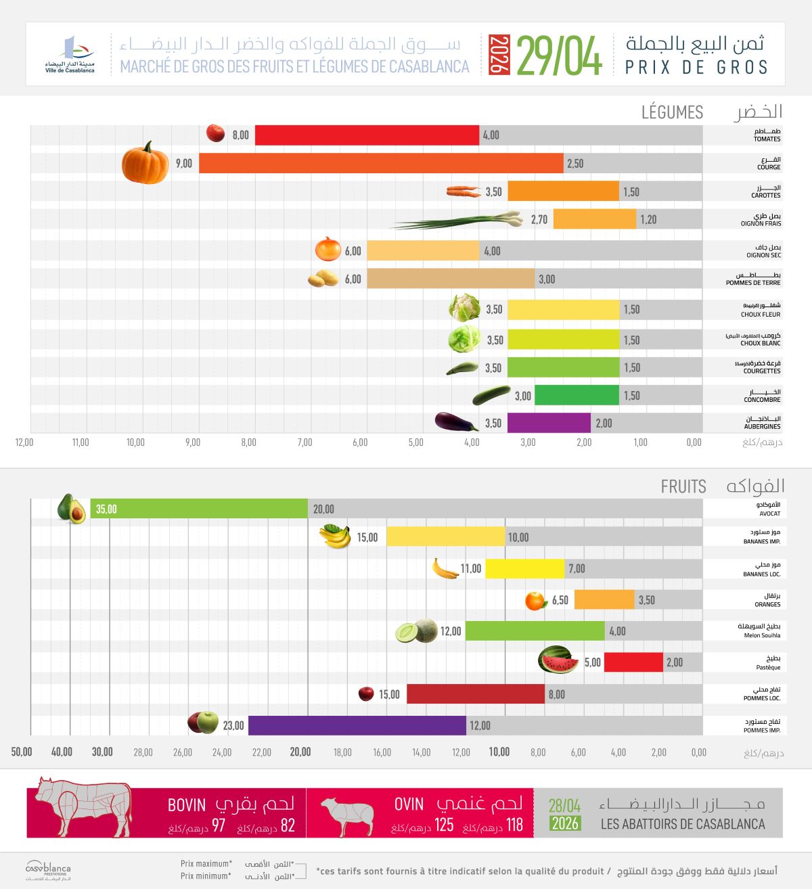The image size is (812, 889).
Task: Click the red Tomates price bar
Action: tap(367, 135)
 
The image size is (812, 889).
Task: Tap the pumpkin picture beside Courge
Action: tap(145, 162)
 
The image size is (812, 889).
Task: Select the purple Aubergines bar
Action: tap(549, 423)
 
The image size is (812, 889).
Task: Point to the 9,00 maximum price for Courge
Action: tap(184, 164)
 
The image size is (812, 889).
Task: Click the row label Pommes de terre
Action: tap(753, 283)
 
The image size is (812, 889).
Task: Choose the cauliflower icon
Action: tap(464, 307)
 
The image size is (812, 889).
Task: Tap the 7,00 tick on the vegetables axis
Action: tap(304, 442)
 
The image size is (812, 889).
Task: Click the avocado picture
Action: tap(71, 508)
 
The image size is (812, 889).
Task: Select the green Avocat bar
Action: tap(199, 508)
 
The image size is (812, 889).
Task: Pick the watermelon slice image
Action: tap(558, 660)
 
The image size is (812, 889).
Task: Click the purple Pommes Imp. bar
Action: tap(357, 725)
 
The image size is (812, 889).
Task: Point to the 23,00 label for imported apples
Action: tap(233, 726)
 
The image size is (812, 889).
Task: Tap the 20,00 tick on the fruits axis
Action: tap(300, 752)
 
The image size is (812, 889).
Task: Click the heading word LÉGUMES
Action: tap(672, 112)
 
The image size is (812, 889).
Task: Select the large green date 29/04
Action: tap(559, 56)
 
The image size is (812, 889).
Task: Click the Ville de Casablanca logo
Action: tap(70, 55)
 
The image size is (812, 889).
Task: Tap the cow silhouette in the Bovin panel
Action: tap(84, 807)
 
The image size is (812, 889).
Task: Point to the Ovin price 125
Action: tap(444, 825)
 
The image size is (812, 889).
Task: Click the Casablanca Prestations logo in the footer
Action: tap(48, 870)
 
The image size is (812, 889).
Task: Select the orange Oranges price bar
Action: tap(604, 599)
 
